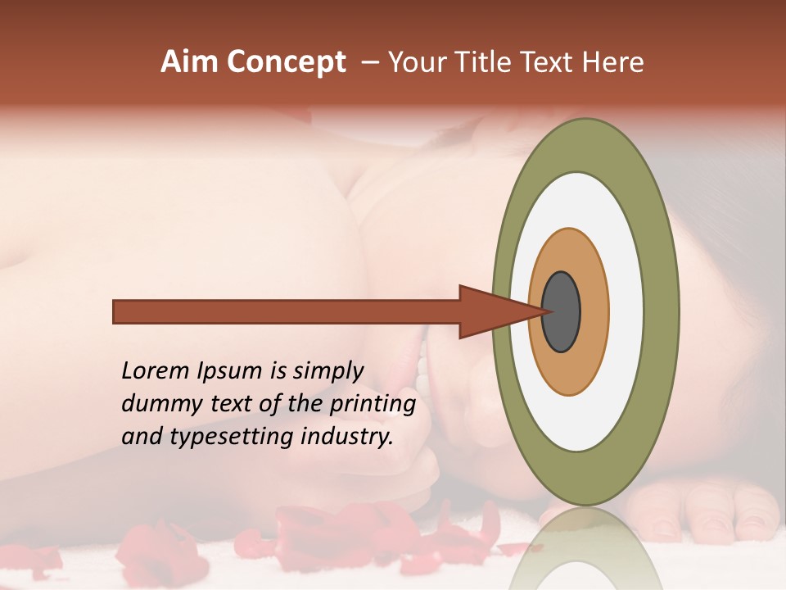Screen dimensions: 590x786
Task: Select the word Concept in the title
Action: click(x=286, y=62)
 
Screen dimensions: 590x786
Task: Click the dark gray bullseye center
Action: click(x=561, y=311)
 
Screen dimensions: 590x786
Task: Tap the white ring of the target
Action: click(x=626, y=311)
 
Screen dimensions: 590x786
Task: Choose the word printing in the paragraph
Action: click(x=373, y=405)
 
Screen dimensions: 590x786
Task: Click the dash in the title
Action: click(x=369, y=62)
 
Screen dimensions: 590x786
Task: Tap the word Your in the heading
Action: click(x=414, y=62)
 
